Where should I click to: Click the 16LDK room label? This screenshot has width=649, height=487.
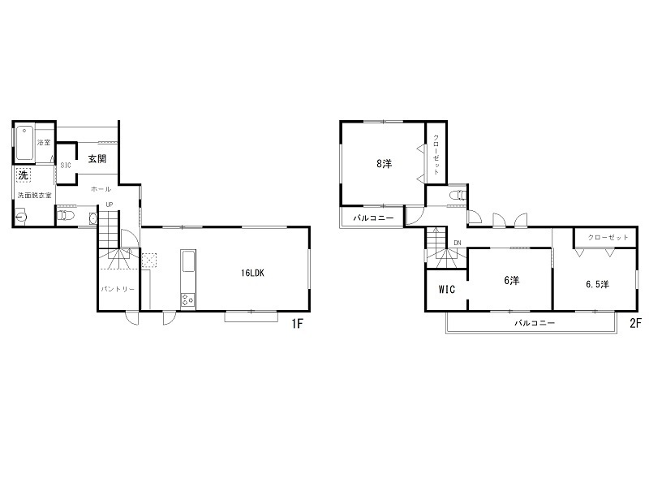252,273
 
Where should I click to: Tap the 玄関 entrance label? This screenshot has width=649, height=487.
97,158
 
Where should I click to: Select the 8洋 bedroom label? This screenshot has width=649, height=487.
384,164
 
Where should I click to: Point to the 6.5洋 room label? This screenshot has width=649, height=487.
597,284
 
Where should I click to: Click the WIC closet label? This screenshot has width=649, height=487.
447,289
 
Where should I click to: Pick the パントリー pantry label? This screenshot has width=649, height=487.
118,289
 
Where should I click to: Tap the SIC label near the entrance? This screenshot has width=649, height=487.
66,166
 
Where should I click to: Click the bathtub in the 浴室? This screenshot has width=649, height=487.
25,143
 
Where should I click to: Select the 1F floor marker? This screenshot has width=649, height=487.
297,323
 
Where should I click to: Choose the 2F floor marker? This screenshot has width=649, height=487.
635,323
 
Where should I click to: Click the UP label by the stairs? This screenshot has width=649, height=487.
110,205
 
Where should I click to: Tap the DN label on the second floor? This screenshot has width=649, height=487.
458,243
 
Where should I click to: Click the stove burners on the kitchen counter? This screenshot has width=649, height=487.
188,300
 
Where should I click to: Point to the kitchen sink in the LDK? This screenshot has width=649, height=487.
188,261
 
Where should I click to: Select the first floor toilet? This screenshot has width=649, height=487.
66,215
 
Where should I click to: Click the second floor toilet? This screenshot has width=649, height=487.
458,195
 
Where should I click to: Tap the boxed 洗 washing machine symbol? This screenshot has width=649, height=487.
24,175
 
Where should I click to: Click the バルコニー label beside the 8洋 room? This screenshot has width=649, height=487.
373,218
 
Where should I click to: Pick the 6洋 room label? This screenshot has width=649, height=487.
512,280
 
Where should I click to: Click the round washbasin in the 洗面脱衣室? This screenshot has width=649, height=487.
21,217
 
